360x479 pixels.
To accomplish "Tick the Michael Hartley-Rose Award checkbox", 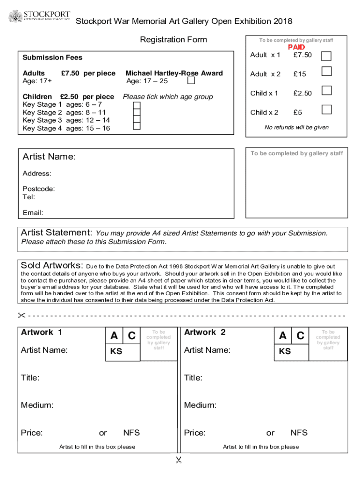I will pyautogui.click(x=191, y=80).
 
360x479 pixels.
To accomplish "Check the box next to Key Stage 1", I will pyautogui.click(x=137, y=105).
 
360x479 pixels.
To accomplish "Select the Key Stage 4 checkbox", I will pyautogui.click(x=137, y=126).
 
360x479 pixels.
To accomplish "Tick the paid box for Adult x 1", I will pyautogui.click(x=326, y=56).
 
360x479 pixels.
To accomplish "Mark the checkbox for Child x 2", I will pyautogui.click(x=326, y=110).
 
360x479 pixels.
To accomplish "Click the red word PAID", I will pyautogui.click(x=296, y=47).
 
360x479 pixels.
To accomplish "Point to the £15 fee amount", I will pyautogui.click(x=300, y=74).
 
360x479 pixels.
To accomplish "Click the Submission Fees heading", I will pyautogui.click(x=52, y=58).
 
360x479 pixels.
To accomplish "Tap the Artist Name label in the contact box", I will pyautogui.click(x=49, y=157).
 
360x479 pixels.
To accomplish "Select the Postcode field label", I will pyautogui.click(x=39, y=189).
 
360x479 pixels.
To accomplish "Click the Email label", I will pyautogui.click(x=33, y=213).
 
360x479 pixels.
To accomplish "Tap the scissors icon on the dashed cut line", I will pyautogui.click(x=22, y=315).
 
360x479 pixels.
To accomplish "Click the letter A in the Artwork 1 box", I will pyautogui.click(x=114, y=336).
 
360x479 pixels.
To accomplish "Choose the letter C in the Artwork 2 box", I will pyautogui.click(x=300, y=336).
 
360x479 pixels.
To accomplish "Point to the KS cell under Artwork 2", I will pyautogui.click(x=285, y=352).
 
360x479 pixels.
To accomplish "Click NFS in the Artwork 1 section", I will pyautogui.click(x=131, y=433).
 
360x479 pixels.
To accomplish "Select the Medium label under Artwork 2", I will pyautogui.click(x=200, y=405).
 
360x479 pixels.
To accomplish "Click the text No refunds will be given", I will pyautogui.click(x=296, y=127).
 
